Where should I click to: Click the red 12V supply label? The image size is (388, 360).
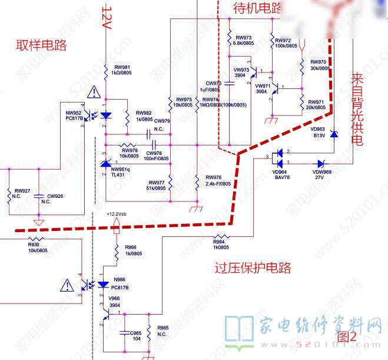[x=107, y=18]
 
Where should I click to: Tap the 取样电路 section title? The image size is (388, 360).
[x=41, y=45]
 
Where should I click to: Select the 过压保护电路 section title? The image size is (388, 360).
[x=253, y=269]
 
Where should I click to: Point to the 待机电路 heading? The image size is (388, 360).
[x=258, y=8]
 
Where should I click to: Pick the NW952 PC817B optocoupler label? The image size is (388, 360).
[x=74, y=115]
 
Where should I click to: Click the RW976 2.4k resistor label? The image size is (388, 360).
[x=218, y=181]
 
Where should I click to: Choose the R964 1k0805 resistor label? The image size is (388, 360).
[x=220, y=244]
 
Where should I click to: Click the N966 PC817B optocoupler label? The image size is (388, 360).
[x=120, y=283]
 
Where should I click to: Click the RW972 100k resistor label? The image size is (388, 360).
[x=286, y=43]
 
